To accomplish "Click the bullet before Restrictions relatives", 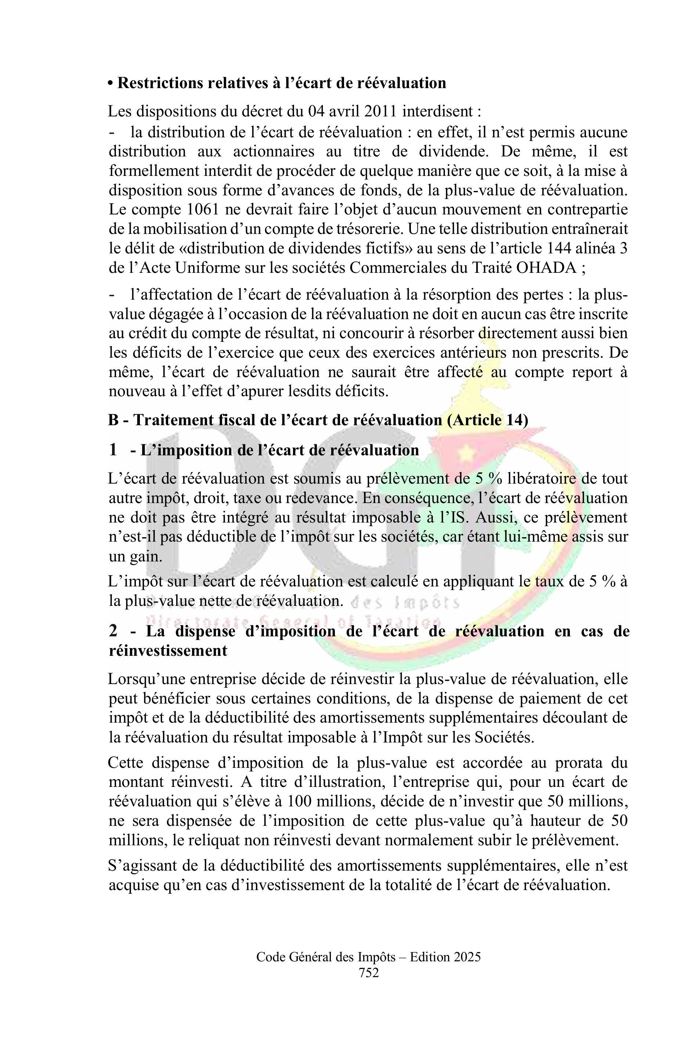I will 111,83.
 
